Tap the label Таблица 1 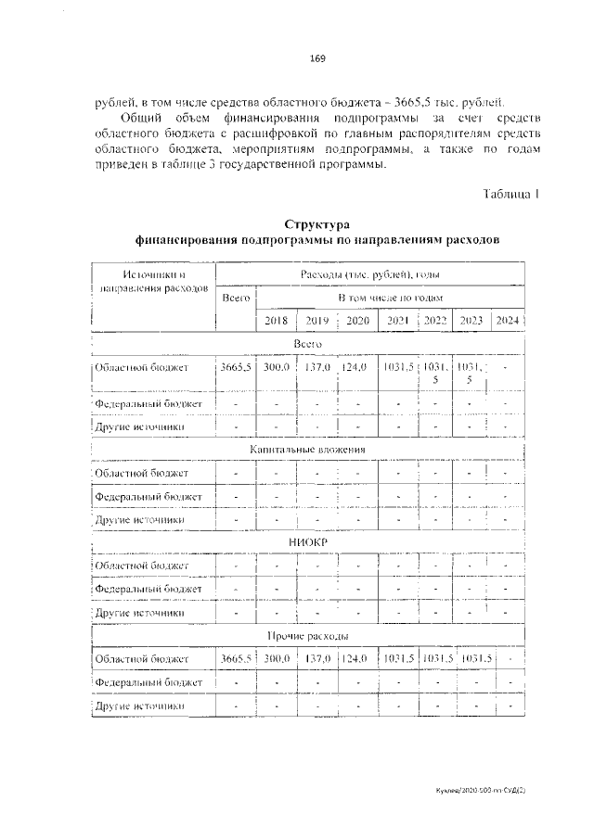pyautogui.click(x=510, y=193)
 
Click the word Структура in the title pyautogui.click(x=316, y=224)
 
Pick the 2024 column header pyautogui.click(x=507, y=321)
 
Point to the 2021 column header pyautogui.click(x=398, y=321)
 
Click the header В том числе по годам pyautogui.click(x=390, y=298)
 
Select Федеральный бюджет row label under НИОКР pyautogui.click(x=149, y=589)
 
